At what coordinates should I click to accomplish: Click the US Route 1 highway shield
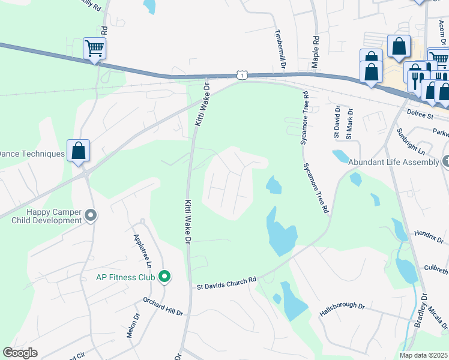coord(241,74)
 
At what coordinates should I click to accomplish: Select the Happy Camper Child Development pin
coord(91,214)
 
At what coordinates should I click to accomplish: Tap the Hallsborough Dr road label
coord(342,310)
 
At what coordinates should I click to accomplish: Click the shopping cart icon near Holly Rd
coord(94,48)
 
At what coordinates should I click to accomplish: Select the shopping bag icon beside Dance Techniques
coord(79,150)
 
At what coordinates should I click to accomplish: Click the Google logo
coord(20,353)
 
